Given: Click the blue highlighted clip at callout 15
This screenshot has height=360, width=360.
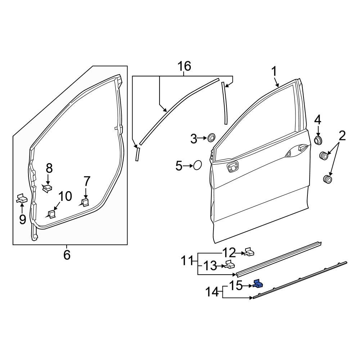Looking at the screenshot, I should pos(258,284).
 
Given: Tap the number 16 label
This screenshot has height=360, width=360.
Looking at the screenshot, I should pos(184,66).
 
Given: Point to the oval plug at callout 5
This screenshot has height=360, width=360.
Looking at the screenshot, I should pos(198,166).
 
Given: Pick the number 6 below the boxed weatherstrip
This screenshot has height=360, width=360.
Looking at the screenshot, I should pos(67,255).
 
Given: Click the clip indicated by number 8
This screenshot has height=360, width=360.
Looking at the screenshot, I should pos(48,188).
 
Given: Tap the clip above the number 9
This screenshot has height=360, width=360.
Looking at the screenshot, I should pos(22,198).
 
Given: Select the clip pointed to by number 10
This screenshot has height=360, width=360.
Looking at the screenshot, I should pos(51,214).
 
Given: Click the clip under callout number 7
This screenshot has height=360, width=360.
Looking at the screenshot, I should pos(85,202).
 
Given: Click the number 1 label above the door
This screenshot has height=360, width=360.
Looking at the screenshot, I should pos(274,72).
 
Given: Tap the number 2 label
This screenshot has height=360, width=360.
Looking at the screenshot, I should pos(342,136).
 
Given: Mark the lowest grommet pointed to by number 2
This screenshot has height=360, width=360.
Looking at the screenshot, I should pos(327,179).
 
